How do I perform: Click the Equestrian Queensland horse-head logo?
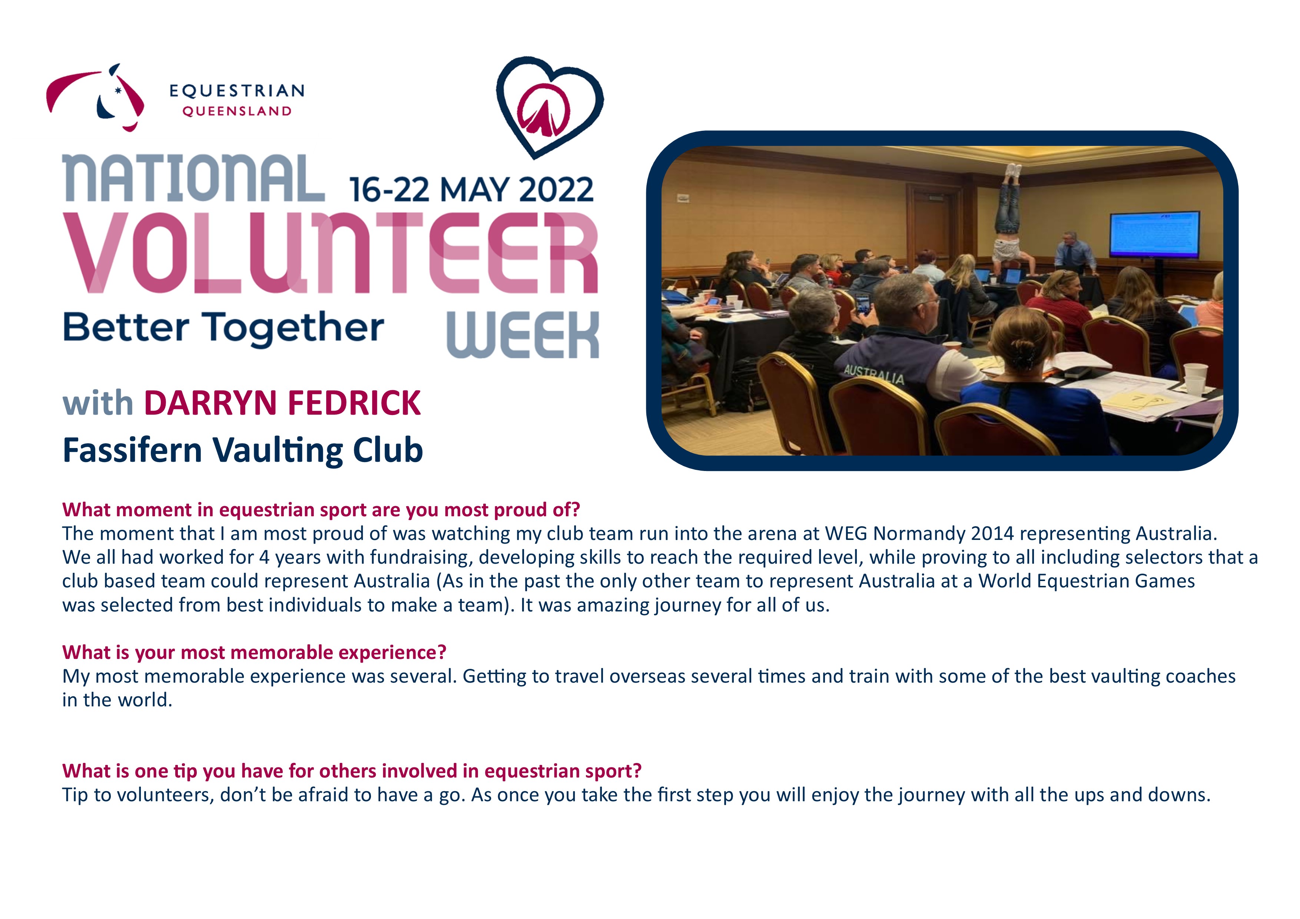click(x=95, y=97)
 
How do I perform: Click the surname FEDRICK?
click(x=354, y=403)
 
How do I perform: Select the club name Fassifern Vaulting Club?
click(x=243, y=450)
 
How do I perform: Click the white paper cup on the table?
click(x=1195, y=378)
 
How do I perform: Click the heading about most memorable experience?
click(x=254, y=652)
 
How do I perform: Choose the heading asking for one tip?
click(x=352, y=771)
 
